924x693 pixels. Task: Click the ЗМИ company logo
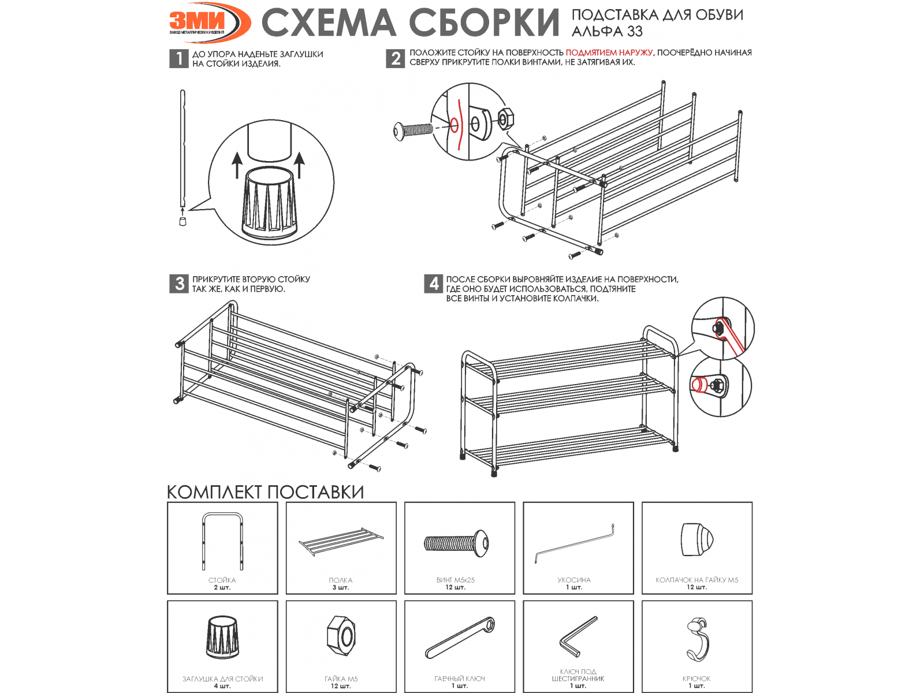(210, 23)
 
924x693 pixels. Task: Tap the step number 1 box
(179, 58)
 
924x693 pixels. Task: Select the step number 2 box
(395, 58)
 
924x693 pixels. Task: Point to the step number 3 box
(179, 284)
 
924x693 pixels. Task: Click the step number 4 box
(434, 284)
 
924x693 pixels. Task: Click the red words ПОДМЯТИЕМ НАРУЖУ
(609, 53)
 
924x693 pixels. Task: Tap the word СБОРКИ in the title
(484, 23)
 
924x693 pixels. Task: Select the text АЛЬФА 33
(606, 31)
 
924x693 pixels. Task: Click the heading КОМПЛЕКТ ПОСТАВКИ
(265, 492)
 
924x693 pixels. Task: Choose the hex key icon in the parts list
(577, 636)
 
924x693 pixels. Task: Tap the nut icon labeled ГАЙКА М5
(341, 636)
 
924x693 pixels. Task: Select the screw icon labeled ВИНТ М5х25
(456, 543)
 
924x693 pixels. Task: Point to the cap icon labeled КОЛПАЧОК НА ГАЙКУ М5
(696, 539)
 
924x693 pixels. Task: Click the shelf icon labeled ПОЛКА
(341, 541)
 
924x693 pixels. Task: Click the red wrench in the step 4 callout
(729, 336)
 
